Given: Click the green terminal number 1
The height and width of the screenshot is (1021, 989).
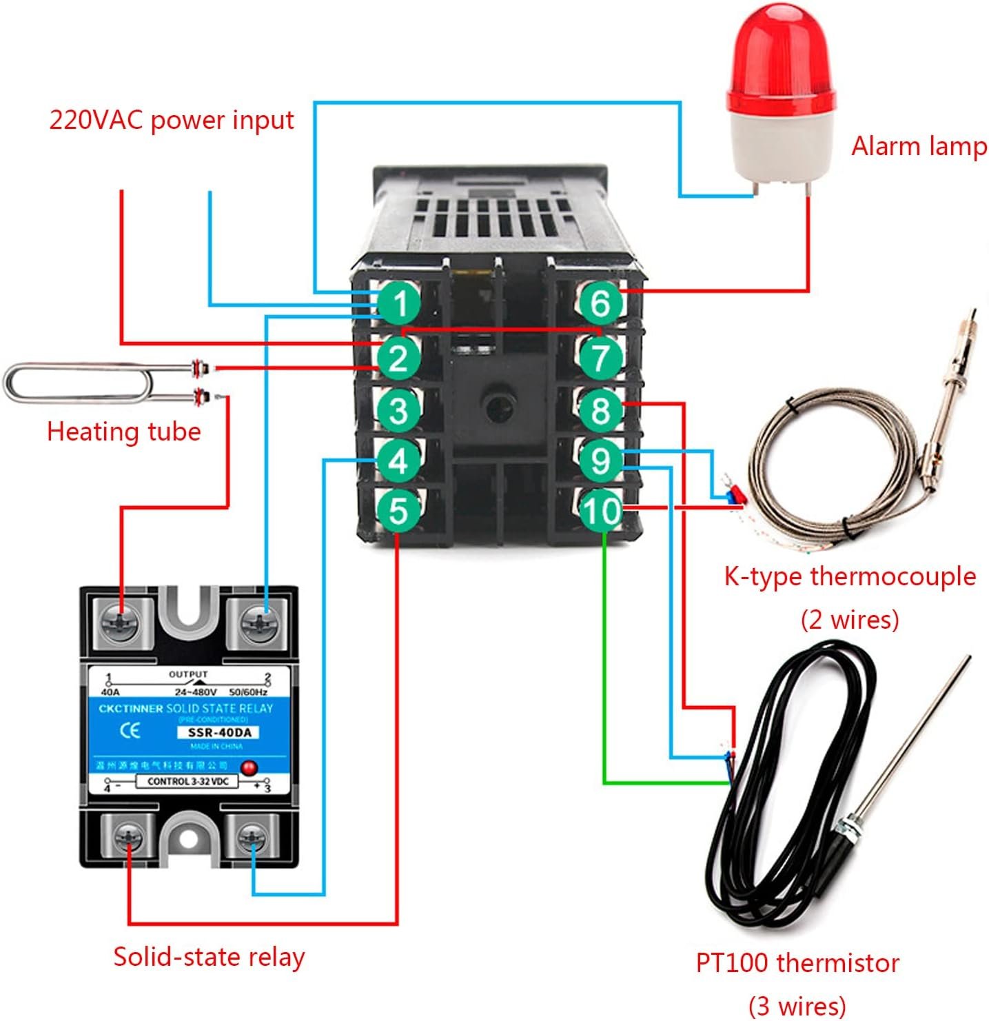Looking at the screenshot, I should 398,304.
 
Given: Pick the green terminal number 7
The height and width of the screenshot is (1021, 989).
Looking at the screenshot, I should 601,358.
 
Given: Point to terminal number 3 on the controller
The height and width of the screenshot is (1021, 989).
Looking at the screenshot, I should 398,411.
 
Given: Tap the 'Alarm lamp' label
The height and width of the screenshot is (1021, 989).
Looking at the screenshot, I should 919,146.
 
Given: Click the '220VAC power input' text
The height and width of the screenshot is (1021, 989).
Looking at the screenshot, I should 172,120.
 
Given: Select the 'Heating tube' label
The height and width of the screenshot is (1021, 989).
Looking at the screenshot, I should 123,432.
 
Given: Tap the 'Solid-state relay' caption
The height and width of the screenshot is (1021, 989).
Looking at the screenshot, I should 209,957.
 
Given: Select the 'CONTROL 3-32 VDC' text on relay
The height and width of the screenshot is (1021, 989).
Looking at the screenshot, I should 187,782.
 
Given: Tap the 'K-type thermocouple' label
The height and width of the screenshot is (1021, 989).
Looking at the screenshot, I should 850,576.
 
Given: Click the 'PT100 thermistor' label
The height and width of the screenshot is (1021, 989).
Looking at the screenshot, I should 797,962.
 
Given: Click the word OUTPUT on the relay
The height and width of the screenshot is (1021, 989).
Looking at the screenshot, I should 188,674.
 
